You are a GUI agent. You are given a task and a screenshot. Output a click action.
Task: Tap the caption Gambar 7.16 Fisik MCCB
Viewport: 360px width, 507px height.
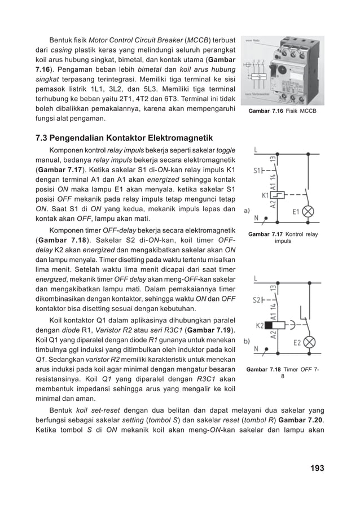[x=283, y=111]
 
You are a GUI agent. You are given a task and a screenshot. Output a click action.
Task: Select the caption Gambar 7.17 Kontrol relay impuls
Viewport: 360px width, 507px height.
[x=283, y=237]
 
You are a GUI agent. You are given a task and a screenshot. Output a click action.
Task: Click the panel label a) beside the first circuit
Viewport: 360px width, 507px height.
[x=247, y=211]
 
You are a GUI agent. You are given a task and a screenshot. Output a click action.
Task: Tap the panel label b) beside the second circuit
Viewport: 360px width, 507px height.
[x=247, y=341]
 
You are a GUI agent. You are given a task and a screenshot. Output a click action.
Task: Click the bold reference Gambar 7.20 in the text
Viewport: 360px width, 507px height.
[x=301, y=421]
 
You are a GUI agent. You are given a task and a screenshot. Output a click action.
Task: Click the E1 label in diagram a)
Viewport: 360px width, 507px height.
[x=297, y=212]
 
